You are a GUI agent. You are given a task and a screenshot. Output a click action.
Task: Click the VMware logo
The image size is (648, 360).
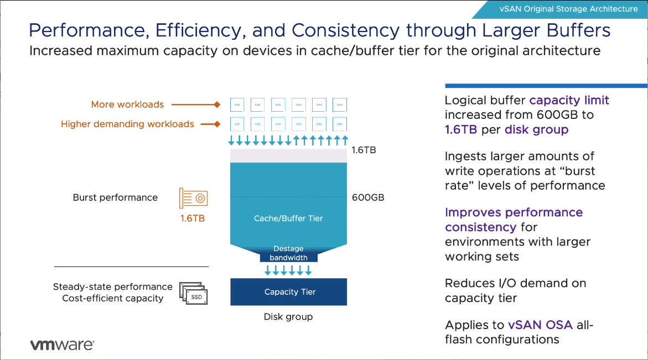(x=62, y=345)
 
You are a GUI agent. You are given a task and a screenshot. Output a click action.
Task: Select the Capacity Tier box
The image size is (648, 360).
(x=289, y=292)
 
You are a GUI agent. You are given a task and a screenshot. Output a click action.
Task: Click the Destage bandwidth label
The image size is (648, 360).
(x=288, y=253)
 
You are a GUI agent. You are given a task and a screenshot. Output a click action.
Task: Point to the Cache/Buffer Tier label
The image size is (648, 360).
(x=288, y=218)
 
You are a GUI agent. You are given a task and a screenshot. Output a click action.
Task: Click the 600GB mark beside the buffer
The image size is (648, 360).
(x=368, y=197)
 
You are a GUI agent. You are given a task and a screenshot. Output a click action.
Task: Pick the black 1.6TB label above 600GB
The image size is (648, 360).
(x=364, y=150)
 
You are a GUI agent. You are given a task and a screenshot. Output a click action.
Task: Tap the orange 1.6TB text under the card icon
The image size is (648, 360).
(x=193, y=218)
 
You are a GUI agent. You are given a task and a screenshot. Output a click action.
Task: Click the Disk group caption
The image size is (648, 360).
(x=288, y=317)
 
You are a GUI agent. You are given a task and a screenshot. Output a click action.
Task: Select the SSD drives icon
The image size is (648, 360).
(x=193, y=295)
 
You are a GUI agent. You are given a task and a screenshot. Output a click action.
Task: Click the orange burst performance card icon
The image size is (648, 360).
(x=193, y=197)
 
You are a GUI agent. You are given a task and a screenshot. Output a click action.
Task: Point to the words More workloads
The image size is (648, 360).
(x=128, y=105)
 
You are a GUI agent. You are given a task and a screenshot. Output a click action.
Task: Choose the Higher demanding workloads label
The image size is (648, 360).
(x=127, y=124)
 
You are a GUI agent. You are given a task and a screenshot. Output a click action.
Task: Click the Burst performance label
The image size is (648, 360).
(x=115, y=197)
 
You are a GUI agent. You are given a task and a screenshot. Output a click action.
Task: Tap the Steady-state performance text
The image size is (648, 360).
(x=113, y=286)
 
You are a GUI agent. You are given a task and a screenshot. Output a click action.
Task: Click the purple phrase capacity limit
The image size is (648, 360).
(x=569, y=101)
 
